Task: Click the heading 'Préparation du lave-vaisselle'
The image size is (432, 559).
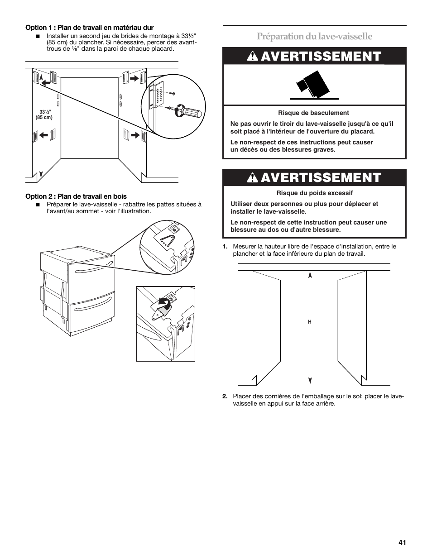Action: click(314, 36)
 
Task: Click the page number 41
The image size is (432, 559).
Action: click(403, 543)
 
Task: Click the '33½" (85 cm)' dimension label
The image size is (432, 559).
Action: click(44, 115)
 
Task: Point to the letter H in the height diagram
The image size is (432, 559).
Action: click(310, 322)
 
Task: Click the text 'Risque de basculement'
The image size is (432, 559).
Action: click(313, 113)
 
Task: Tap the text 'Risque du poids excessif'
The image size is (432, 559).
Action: click(314, 193)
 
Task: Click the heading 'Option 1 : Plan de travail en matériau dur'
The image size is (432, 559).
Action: click(90, 28)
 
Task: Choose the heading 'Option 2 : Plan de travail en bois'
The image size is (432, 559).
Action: click(76, 197)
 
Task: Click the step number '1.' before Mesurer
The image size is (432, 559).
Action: click(225, 247)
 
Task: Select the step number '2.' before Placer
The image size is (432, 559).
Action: click(225, 397)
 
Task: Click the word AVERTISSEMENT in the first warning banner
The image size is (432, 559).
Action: click(321, 56)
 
